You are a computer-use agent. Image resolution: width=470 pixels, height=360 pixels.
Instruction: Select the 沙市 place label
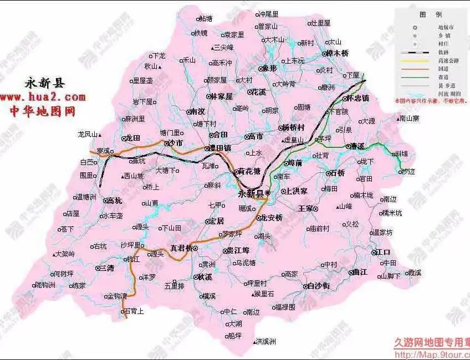click(x=175, y=143)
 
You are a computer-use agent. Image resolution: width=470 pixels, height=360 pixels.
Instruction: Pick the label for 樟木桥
click(x=337, y=53)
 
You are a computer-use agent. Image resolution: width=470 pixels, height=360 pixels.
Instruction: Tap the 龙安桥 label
click(x=272, y=218)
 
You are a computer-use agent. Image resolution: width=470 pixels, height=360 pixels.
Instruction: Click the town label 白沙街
click(x=319, y=286)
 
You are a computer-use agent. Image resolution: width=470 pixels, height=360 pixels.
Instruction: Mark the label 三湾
click(x=105, y=268)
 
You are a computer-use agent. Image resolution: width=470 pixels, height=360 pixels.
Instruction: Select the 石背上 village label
click(x=133, y=312)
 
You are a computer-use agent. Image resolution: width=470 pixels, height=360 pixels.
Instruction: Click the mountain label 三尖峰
click(x=224, y=47)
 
